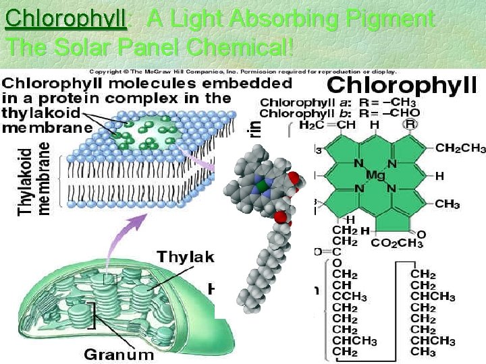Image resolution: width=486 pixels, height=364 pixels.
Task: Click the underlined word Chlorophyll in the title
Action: click(x=65, y=19)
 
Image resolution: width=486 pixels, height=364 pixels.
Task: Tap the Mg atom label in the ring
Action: click(x=375, y=175)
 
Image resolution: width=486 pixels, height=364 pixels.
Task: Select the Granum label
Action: click(x=119, y=354)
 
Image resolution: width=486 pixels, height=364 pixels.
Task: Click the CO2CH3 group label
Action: click(x=398, y=242)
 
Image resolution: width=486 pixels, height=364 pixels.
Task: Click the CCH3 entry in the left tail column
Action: click(x=349, y=297)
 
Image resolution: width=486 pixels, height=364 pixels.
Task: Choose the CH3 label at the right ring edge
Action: click(x=448, y=204)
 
